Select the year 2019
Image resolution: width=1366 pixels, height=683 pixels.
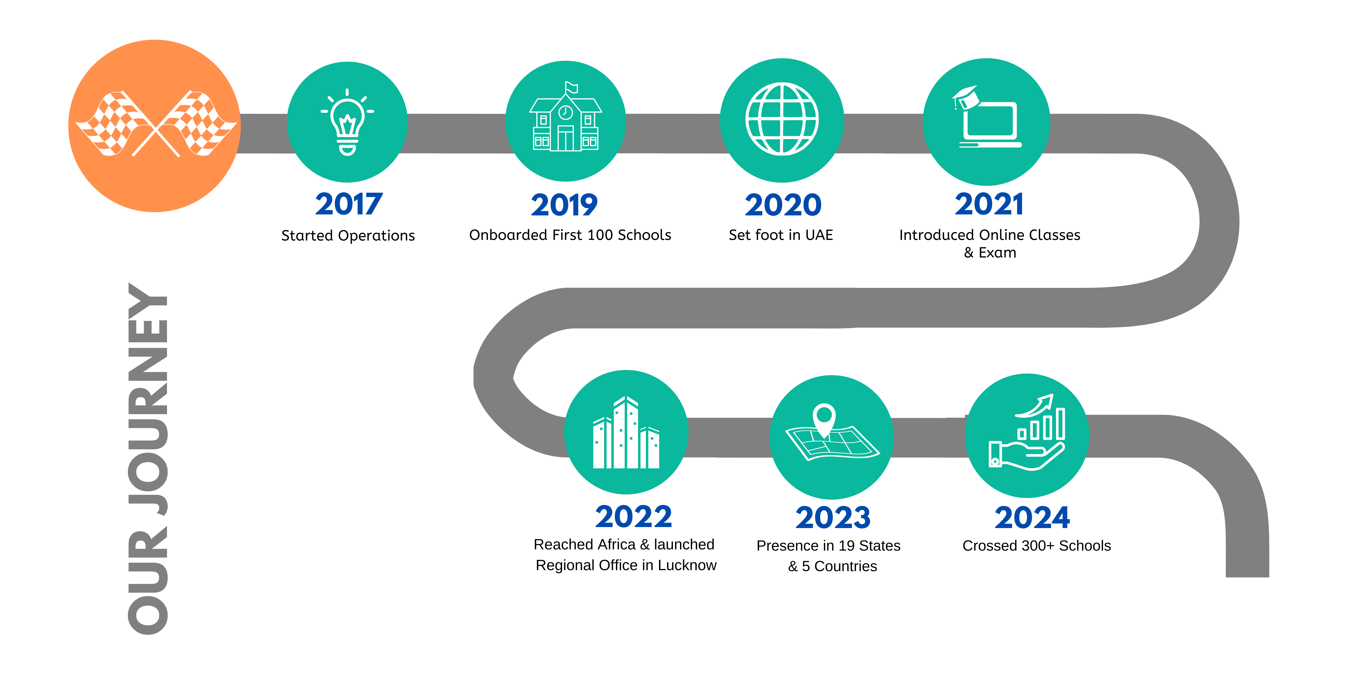(x=564, y=205)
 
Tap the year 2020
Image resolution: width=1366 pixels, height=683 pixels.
(x=783, y=205)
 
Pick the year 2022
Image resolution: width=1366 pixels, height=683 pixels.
(x=633, y=516)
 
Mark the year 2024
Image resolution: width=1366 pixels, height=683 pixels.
(x=1032, y=518)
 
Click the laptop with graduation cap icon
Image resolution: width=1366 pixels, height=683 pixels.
(x=986, y=118)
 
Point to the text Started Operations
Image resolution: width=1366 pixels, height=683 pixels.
(x=348, y=235)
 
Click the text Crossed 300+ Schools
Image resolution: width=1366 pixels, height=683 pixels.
(x=1036, y=546)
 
